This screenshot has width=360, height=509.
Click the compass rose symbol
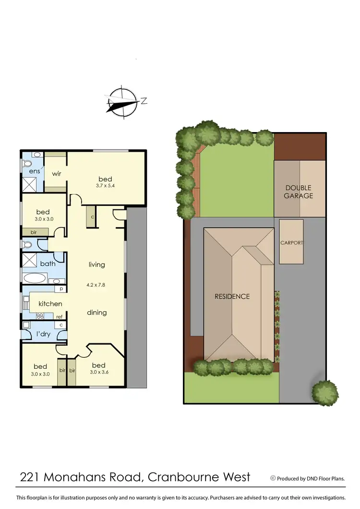point(123,102)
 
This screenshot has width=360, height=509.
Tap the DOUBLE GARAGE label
point(299,192)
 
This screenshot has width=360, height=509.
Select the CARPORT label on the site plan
point(292,243)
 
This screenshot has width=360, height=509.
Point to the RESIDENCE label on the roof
point(232,296)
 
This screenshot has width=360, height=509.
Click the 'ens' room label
point(34,171)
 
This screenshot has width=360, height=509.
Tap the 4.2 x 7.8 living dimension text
point(96,284)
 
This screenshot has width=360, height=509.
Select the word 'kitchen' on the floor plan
point(50,303)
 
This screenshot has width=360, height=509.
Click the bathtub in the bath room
point(35,278)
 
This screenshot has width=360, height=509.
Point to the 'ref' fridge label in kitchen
point(60,316)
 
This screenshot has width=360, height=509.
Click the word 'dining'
point(96,313)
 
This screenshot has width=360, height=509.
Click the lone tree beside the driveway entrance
point(325,392)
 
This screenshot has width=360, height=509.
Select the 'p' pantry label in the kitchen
point(62,289)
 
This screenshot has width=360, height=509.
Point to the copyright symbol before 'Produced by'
point(273,478)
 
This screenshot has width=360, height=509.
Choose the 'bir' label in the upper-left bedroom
point(34,232)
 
